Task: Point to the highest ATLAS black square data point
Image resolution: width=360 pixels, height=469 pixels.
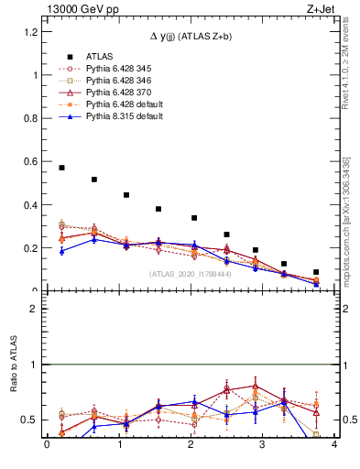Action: point(61,168)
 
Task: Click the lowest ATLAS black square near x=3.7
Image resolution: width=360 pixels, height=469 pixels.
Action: point(316,272)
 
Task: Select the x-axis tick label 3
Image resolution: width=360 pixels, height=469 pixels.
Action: point(262,445)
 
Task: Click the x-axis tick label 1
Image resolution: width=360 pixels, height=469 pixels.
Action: point(118,445)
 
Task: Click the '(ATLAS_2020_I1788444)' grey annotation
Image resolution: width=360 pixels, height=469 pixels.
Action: point(191,274)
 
